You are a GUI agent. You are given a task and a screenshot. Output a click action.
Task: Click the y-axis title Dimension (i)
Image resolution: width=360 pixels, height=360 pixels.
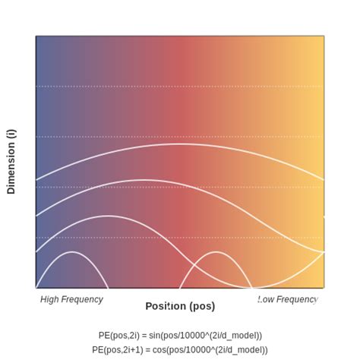point(11,161)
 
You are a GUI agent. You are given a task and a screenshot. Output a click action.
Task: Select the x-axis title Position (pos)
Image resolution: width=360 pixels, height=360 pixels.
point(180,306)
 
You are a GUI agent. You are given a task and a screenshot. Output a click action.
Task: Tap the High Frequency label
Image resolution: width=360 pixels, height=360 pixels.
point(71,299)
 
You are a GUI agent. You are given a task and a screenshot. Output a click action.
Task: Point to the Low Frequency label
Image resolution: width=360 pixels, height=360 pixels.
point(287,299)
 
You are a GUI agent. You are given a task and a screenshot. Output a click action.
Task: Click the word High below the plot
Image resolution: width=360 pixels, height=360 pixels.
point(51,299)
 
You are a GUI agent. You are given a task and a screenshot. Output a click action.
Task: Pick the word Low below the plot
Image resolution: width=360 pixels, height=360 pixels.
point(266,299)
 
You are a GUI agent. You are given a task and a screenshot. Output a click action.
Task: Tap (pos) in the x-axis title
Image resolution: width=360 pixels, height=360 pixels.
point(201,306)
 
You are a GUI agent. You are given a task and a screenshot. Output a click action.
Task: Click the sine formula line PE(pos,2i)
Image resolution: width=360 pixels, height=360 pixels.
point(180,335)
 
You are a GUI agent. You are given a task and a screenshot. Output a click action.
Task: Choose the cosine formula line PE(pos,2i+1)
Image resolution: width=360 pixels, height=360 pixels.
point(180,349)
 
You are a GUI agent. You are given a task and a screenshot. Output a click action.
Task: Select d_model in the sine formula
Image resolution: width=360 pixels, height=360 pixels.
point(239,335)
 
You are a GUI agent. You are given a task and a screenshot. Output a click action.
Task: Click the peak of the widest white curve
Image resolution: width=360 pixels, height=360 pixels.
point(180,144)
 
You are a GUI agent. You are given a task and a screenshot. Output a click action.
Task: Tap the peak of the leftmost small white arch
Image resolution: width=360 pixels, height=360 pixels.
point(72,251)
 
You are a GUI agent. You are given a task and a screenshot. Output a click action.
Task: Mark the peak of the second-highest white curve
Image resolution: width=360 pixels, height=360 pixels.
point(144,180)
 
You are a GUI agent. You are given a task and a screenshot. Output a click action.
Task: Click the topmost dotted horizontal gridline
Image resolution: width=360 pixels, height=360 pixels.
point(180,87)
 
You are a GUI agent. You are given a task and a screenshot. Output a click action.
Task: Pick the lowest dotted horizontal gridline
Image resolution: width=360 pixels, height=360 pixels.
point(180,238)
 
